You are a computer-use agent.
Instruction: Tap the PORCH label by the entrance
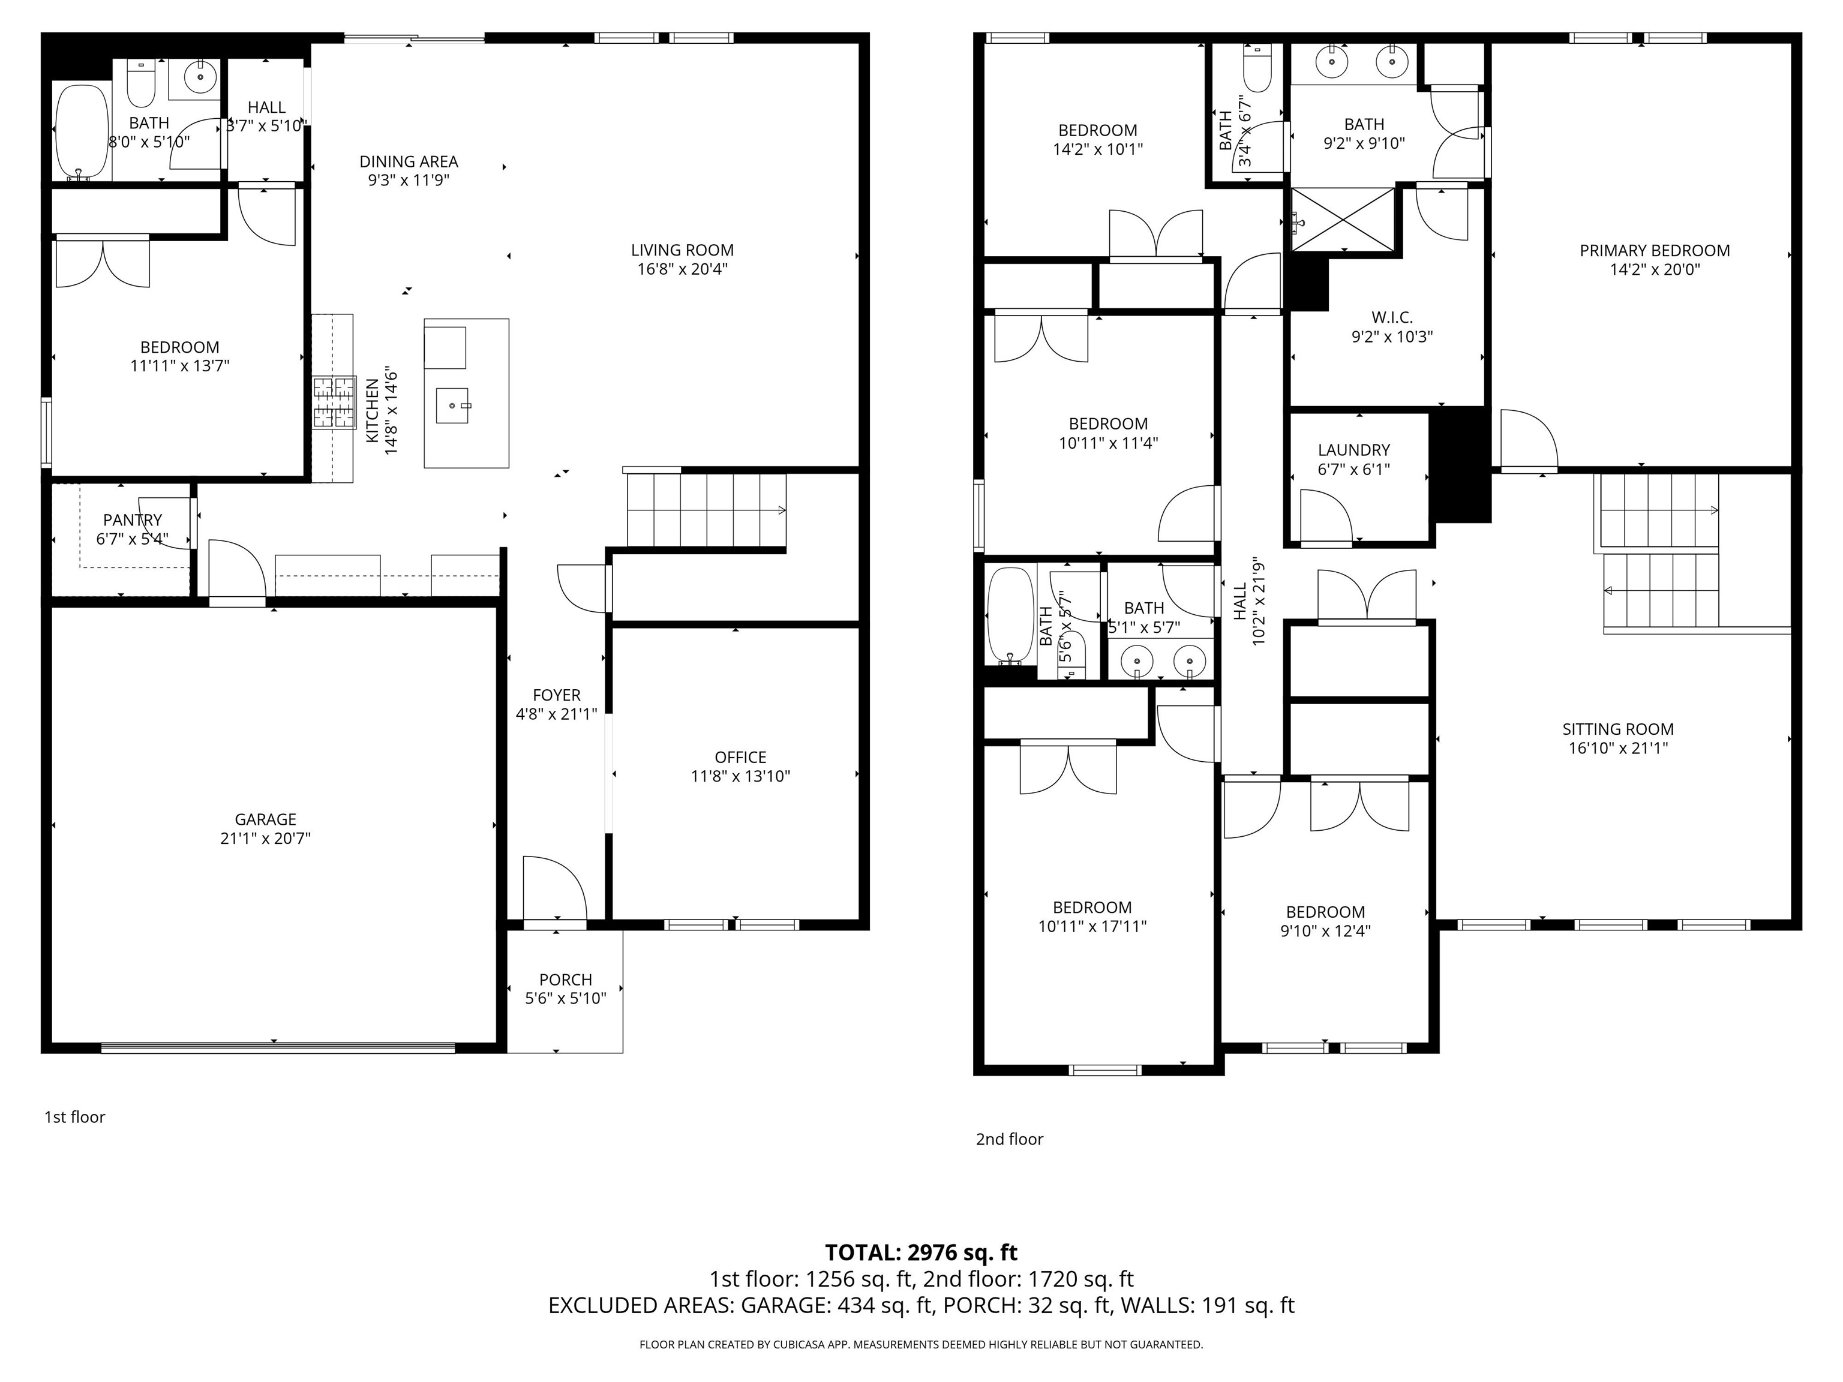tap(566, 980)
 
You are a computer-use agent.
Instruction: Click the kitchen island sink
tap(454, 405)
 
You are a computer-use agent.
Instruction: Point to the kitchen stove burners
tap(334, 402)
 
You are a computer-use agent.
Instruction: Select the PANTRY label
tap(133, 520)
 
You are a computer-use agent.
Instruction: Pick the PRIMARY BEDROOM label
tap(1655, 251)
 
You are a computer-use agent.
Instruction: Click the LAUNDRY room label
tap(1354, 450)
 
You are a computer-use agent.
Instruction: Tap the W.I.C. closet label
tap(1392, 317)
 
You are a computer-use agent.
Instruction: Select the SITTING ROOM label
tap(1618, 729)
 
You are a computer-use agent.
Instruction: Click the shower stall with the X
tap(1342, 218)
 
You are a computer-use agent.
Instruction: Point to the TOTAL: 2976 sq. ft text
tap(921, 1253)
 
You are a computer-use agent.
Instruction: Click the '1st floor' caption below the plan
tap(75, 1117)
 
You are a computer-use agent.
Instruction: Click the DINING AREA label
tap(409, 161)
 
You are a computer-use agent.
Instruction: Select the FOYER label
tap(557, 695)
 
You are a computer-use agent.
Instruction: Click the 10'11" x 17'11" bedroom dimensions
tap(1092, 926)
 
